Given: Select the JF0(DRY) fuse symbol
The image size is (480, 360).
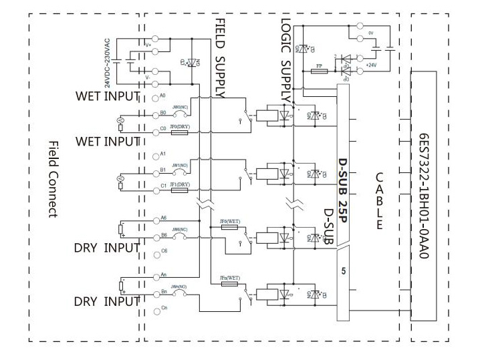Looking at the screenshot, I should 178,133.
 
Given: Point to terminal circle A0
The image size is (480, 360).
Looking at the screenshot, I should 155,98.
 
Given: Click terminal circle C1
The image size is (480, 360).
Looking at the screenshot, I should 155,190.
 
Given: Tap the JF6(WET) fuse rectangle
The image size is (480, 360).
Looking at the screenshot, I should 229,228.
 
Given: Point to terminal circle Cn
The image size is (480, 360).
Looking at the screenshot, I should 155,308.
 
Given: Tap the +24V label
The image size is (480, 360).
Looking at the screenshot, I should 372,65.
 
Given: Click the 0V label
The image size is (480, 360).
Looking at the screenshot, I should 372,31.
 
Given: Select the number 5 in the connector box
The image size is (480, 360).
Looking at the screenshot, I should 343,272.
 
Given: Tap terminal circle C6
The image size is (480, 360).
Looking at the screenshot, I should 155,251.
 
